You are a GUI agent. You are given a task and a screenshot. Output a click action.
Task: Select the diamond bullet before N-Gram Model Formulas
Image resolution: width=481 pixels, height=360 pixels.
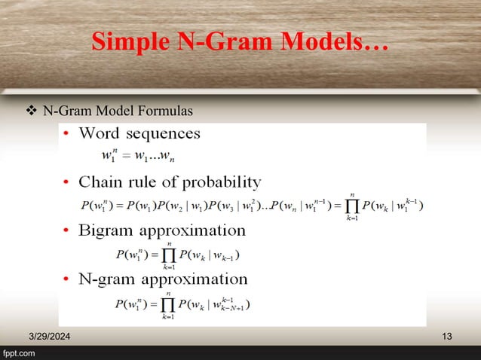point(31,112)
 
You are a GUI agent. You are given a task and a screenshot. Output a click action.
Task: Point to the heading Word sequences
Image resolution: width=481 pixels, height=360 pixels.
point(139,135)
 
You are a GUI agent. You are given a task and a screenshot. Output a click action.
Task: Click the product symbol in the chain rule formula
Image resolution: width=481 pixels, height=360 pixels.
point(351,206)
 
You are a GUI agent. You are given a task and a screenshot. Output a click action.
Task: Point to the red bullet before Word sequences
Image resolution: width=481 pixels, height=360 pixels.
point(67,136)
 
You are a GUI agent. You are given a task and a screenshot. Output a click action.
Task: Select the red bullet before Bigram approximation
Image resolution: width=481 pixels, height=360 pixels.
point(67,231)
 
